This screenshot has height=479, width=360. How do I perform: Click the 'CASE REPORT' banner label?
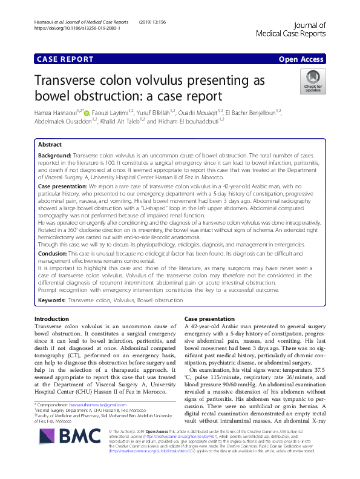point(65,59)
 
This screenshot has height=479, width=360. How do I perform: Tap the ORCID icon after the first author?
point(87,113)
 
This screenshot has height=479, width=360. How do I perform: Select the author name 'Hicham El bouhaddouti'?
point(188,121)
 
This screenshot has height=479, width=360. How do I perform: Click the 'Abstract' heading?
point(50,145)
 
